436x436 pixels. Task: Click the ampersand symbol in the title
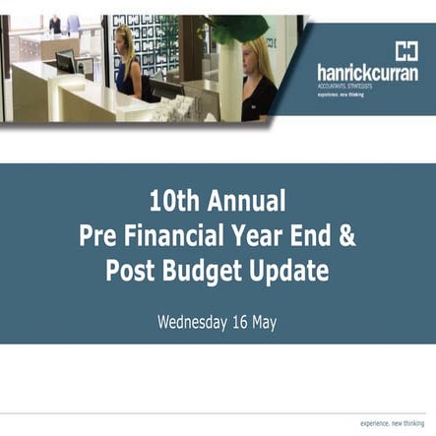click(x=349, y=237)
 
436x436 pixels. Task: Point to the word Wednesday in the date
click(x=198, y=320)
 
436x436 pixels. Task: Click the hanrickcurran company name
click(x=367, y=73)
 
